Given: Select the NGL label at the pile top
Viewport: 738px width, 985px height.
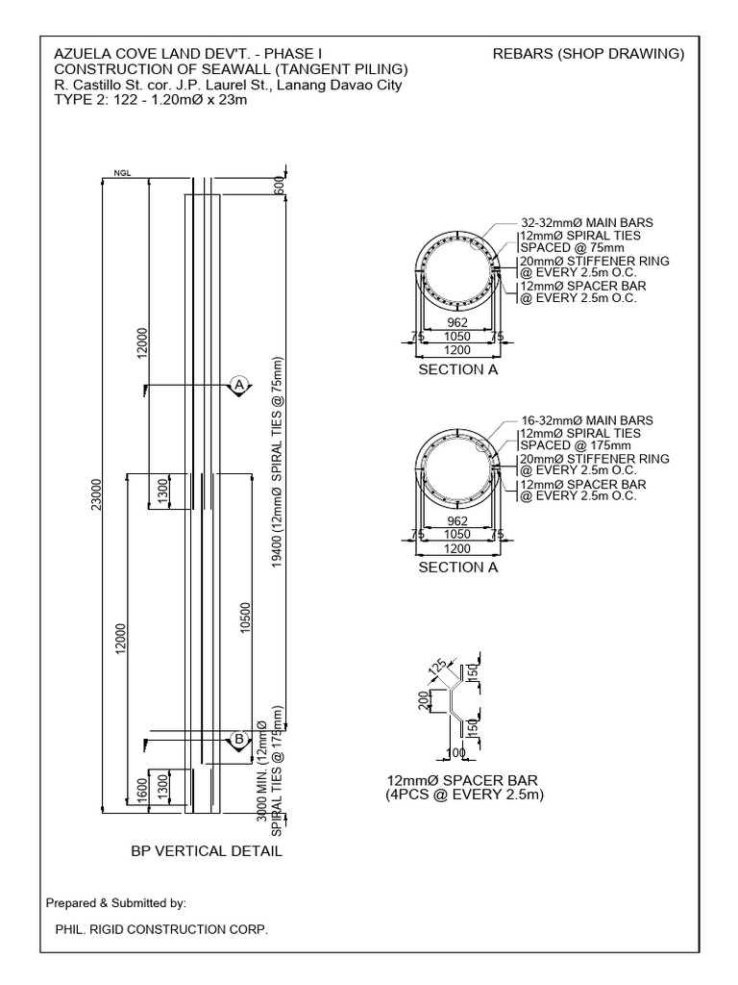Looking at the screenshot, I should coord(120,174).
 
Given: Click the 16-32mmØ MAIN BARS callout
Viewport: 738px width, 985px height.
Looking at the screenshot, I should coord(587,421).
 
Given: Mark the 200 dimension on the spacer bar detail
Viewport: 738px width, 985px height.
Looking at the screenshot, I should coord(424,701).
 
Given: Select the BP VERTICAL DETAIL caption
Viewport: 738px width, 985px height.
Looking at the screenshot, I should coord(207,851).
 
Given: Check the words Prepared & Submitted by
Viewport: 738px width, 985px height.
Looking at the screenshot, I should coord(115,903).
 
